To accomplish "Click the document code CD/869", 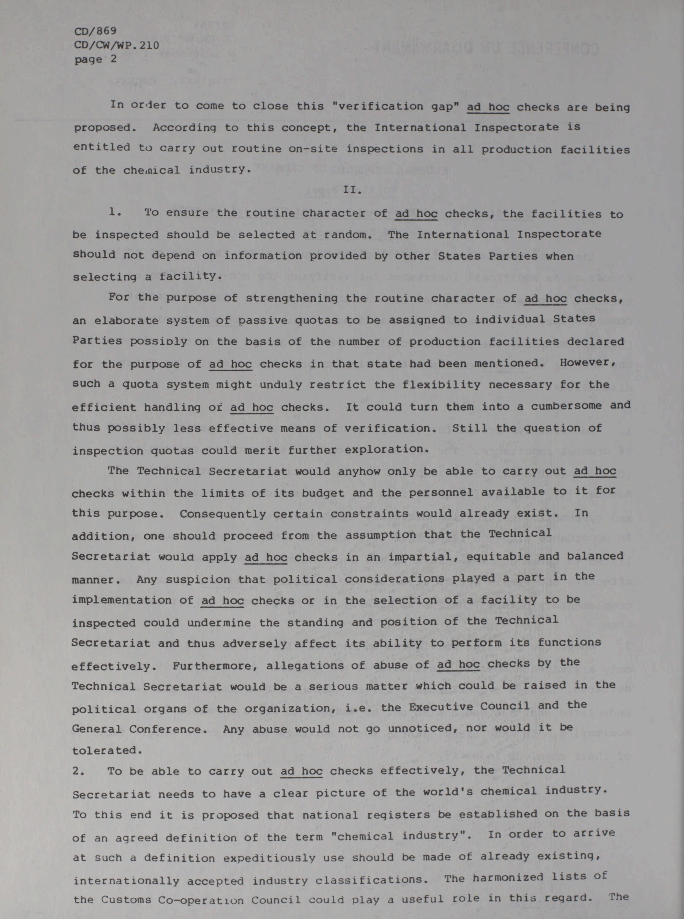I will click(95, 31).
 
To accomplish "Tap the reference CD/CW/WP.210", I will click(116, 45).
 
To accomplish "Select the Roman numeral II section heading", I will click(353, 190).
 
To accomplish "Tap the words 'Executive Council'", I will click(469, 707).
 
